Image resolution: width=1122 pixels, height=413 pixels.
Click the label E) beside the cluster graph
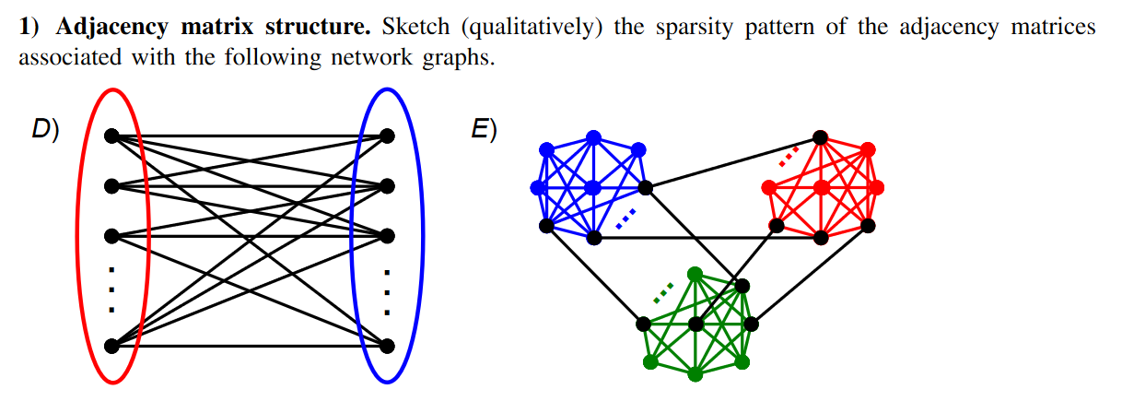click(x=485, y=130)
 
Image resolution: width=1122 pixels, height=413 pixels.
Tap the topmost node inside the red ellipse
click(x=111, y=136)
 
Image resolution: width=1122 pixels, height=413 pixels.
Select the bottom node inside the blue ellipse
click(x=388, y=347)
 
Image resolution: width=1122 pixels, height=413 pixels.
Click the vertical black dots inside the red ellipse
click(x=111, y=289)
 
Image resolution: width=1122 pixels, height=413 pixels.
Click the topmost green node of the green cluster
click(x=695, y=274)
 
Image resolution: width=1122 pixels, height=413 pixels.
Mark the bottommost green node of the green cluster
click(x=695, y=374)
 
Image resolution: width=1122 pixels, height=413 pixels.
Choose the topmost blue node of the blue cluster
click(x=593, y=136)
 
